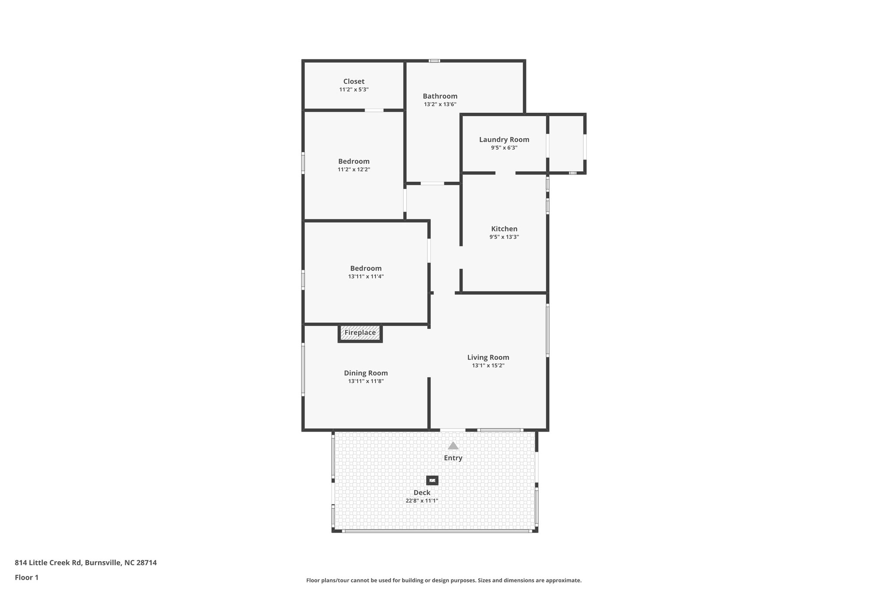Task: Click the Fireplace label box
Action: [360, 333]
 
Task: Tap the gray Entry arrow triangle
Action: [453, 446]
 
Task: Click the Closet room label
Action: [354, 82]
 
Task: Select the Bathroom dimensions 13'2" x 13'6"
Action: [440, 105]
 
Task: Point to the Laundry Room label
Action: [504, 140]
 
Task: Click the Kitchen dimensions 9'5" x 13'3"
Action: [504, 237]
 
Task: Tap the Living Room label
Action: [488, 357]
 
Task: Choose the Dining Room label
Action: [366, 373]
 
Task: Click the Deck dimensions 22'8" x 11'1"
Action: [421, 501]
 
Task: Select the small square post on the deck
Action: [432, 481]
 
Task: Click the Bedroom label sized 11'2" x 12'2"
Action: [354, 161]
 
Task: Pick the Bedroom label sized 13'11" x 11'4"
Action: [366, 268]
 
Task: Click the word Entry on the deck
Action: [453, 458]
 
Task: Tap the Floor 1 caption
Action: [26, 578]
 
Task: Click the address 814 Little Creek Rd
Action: [85, 563]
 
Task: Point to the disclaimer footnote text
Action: [444, 580]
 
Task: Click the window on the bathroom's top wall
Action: [434, 61]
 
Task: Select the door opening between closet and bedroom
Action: [374, 110]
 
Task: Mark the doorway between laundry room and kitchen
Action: [505, 173]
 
